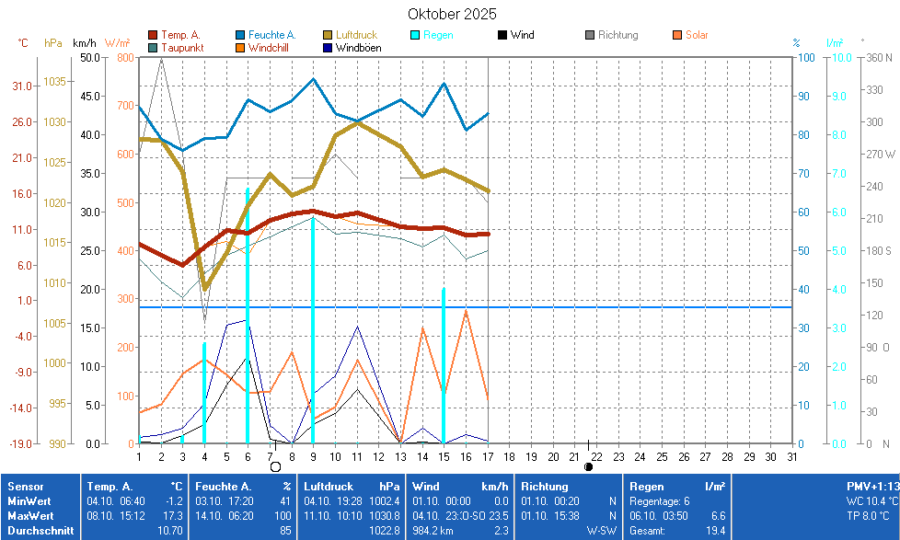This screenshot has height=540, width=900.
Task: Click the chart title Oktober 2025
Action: (x=452, y=14)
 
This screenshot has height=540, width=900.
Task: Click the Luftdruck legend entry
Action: (x=356, y=35)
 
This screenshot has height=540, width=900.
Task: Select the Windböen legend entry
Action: (x=358, y=47)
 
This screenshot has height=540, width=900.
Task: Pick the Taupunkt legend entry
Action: (x=182, y=47)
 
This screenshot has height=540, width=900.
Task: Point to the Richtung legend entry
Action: (x=617, y=35)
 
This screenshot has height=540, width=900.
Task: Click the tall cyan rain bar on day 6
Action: (x=247, y=322)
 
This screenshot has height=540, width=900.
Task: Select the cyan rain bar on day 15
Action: (x=444, y=368)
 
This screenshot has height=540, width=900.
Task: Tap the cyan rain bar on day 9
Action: (x=313, y=331)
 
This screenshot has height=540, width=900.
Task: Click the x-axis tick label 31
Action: (x=791, y=456)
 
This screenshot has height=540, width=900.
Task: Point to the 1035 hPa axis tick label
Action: (x=54, y=81)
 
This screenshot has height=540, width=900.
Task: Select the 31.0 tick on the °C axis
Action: (x=23, y=86)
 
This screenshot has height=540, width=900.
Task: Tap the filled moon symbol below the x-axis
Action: (x=589, y=466)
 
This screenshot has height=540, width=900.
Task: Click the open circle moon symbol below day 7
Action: (x=274, y=466)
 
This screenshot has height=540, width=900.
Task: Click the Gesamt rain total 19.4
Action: (x=716, y=531)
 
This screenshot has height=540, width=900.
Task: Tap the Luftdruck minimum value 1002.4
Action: (x=384, y=500)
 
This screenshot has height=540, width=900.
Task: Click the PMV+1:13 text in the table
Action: (x=871, y=485)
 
